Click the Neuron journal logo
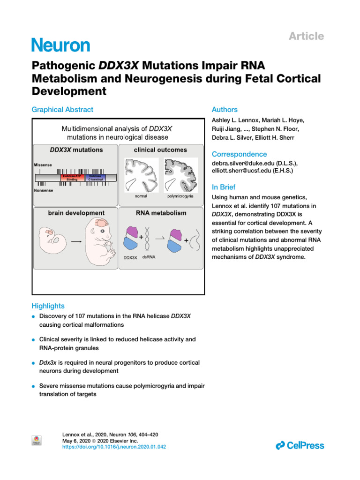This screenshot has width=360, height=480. [60, 45]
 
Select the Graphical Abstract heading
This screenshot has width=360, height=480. [62, 109]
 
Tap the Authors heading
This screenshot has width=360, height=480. [225, 109]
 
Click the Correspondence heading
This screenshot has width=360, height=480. [240, 154]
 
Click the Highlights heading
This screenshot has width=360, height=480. [48, 306]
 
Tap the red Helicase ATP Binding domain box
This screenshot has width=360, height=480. [72, 178]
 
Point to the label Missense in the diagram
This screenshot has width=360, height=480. [43, 165]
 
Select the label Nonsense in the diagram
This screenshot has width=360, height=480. [44, 191]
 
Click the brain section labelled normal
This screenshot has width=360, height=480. [141, 173]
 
